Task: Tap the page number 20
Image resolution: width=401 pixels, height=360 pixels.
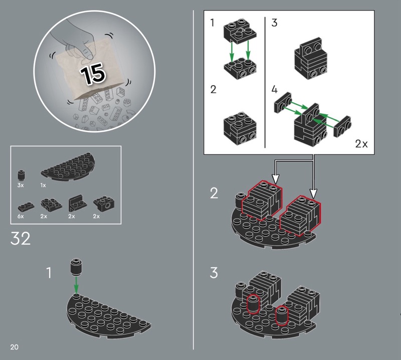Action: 15,347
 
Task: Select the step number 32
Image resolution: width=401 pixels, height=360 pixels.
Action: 21,239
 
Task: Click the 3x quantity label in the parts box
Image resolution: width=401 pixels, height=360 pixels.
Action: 21,185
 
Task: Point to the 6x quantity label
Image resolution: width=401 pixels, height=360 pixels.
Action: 21,216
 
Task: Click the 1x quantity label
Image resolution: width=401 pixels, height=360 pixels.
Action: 43,185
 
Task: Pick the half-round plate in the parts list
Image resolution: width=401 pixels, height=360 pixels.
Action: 68,166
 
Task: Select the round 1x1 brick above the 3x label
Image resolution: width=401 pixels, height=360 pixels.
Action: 21,175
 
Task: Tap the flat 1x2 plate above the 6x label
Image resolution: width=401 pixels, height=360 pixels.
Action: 26,207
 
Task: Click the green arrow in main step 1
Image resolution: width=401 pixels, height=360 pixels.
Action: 76,285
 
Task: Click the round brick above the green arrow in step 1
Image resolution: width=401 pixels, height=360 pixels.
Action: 76,267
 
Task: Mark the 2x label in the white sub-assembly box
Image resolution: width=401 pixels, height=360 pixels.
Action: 361,144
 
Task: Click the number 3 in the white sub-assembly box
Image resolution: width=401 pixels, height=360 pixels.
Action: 274,23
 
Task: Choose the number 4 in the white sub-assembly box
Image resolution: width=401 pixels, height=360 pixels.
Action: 274,90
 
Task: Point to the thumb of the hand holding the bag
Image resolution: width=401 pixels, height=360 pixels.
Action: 87,53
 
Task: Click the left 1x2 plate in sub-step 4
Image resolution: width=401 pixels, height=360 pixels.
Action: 283,102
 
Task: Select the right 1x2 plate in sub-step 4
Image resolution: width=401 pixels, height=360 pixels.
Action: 342,126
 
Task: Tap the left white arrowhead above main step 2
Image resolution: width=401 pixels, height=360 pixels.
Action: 275,179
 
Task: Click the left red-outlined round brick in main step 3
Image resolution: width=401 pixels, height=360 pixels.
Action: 253,304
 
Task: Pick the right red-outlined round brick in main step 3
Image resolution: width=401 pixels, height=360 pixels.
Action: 282,315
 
